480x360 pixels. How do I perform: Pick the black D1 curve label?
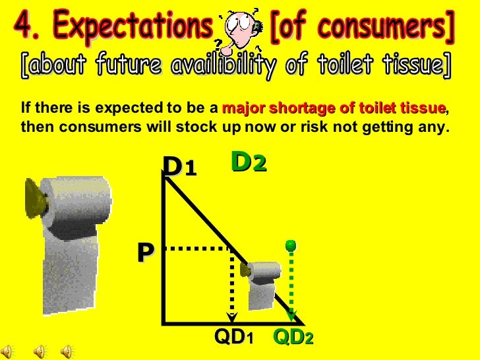179,167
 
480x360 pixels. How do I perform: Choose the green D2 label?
249,162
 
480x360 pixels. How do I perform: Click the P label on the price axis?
145,253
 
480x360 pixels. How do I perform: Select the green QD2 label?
293,338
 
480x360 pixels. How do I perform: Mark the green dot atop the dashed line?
291,246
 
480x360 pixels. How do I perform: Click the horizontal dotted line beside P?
196,249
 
